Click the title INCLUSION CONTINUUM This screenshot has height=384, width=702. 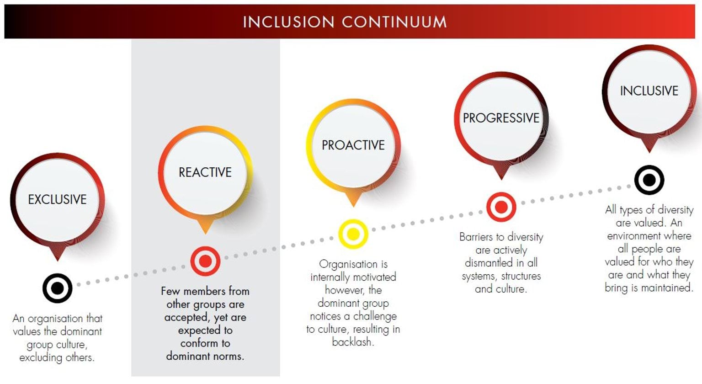tap(345, 22)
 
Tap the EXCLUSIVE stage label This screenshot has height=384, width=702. tap(57, 199)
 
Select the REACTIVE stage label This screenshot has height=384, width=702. tap(205, 172)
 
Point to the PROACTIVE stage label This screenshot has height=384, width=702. tap(353, 145)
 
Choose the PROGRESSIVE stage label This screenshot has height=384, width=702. tap(501, 118)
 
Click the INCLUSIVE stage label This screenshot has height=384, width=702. tap(649, 91)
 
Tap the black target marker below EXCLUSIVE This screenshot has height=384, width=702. tap(57, 288)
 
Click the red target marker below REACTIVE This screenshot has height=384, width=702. tap(205, 261)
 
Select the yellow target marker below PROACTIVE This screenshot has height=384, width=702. tap(353, 234)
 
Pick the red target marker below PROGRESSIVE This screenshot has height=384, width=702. tap(501, 207)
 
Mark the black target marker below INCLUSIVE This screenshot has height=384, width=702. tap(649, 180)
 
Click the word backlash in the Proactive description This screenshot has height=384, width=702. tap(353, 342)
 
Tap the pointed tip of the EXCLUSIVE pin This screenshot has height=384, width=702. tap(57, 261)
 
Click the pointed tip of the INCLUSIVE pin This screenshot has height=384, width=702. tap(649, 153)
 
